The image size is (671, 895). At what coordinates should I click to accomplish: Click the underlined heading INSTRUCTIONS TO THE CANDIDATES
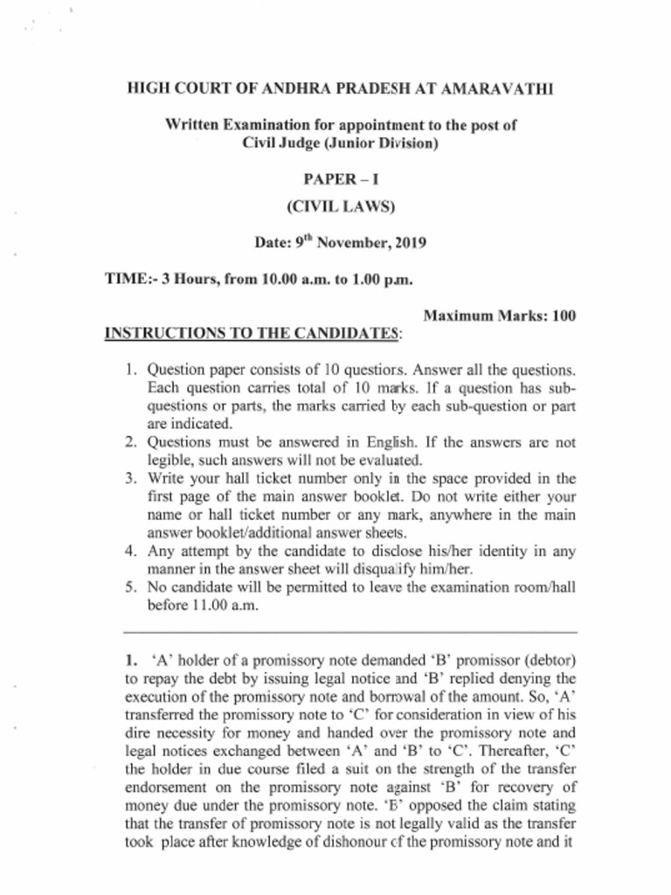coord(253,333)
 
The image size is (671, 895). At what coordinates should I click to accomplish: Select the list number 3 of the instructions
coord(129,478)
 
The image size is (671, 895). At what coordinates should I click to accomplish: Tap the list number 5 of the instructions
coord(129,588)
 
